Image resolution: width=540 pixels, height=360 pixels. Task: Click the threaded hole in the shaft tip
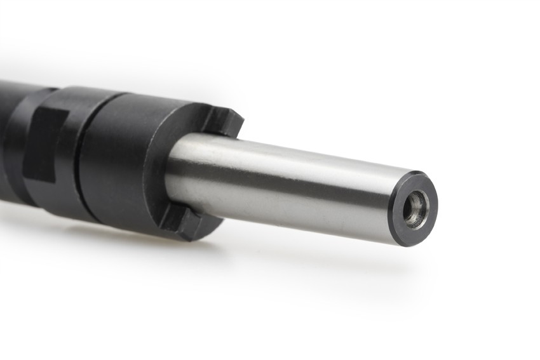[415, 209]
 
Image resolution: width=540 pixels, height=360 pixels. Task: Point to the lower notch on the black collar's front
[180, 219]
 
